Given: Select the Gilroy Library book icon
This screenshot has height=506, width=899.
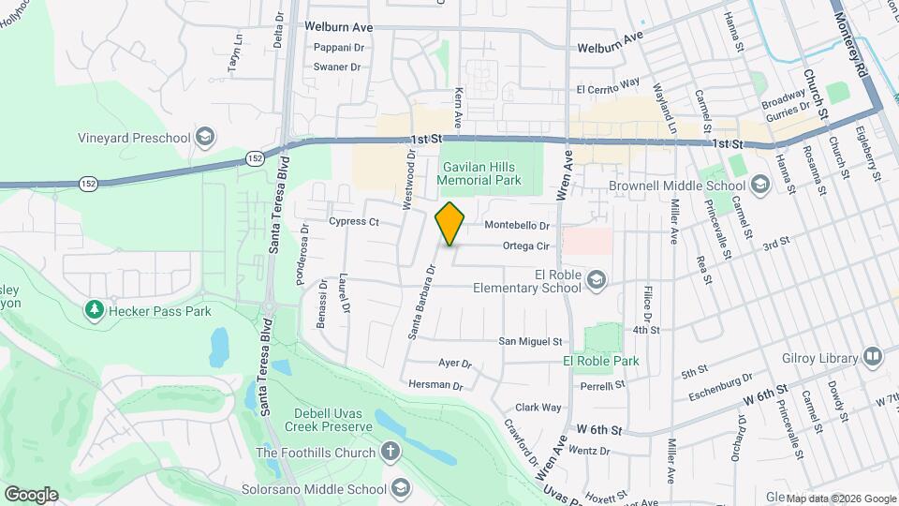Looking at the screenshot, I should click(x=872, y=357).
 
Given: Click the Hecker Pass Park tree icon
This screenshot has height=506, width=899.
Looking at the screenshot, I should click(x=93, y=309).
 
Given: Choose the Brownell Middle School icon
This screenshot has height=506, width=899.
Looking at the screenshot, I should click(x=759, y=186).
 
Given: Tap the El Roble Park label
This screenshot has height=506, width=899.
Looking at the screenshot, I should click(x=600, y=361).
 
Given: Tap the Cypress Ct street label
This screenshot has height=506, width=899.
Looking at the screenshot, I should click(x=353, y=222).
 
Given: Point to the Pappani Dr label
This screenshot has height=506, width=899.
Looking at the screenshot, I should click(x=338, y=47).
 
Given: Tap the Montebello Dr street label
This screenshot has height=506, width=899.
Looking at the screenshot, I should click(x=516, y=226).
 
